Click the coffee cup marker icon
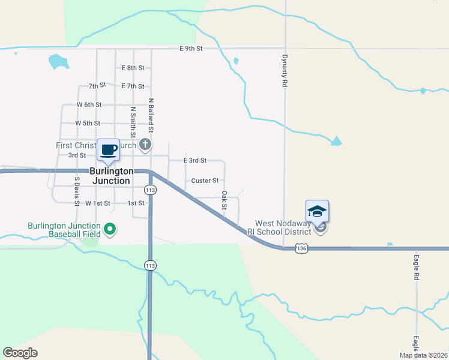pos(109,150)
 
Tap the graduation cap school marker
pos(317,211)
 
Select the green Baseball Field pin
pos(110,229)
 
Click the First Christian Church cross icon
pos(145,145)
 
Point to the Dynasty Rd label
pos(285,72)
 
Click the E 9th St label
pos(191,48)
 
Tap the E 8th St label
pos(133,68)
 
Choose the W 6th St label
pos(89,104)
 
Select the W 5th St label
pos(88,123)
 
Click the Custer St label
pos(204,181)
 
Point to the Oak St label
pos(224,200)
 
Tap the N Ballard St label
pos(151,116)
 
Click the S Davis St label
pos(77,191)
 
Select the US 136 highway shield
pos(301,248)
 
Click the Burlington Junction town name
pos(111,176)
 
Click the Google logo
pos(20,353)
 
